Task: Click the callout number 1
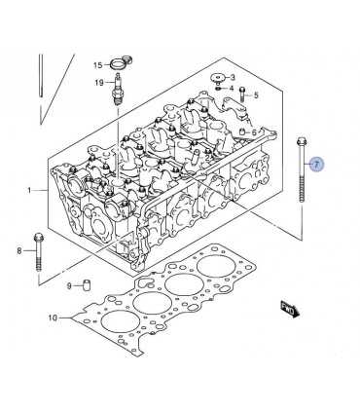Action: tap(29, 190)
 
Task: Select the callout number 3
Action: tap(233, 77)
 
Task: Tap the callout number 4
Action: tap(232, 88)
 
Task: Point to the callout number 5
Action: tap(256, 95)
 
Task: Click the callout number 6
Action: tap(254, 132)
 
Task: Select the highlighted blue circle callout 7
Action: tap(316, 164)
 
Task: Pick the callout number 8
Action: tap(19, 250)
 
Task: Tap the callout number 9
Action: tap(69, 286)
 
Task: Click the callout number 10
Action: tap(53, 318)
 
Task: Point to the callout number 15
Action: tap(97, 65)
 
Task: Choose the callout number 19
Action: tap(99, 83)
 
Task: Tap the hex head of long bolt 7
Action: tap(302, 141)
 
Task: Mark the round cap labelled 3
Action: tap(219, 78)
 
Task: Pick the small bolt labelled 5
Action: tap(242, 94)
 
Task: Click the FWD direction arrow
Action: tap(291, 309)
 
